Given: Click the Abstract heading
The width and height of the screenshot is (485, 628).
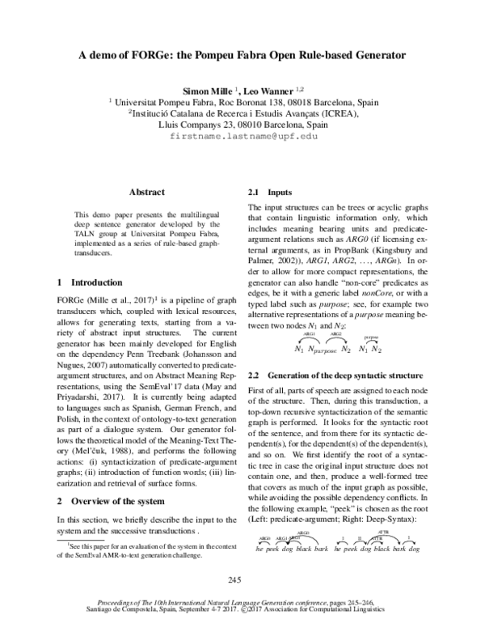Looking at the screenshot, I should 145,192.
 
